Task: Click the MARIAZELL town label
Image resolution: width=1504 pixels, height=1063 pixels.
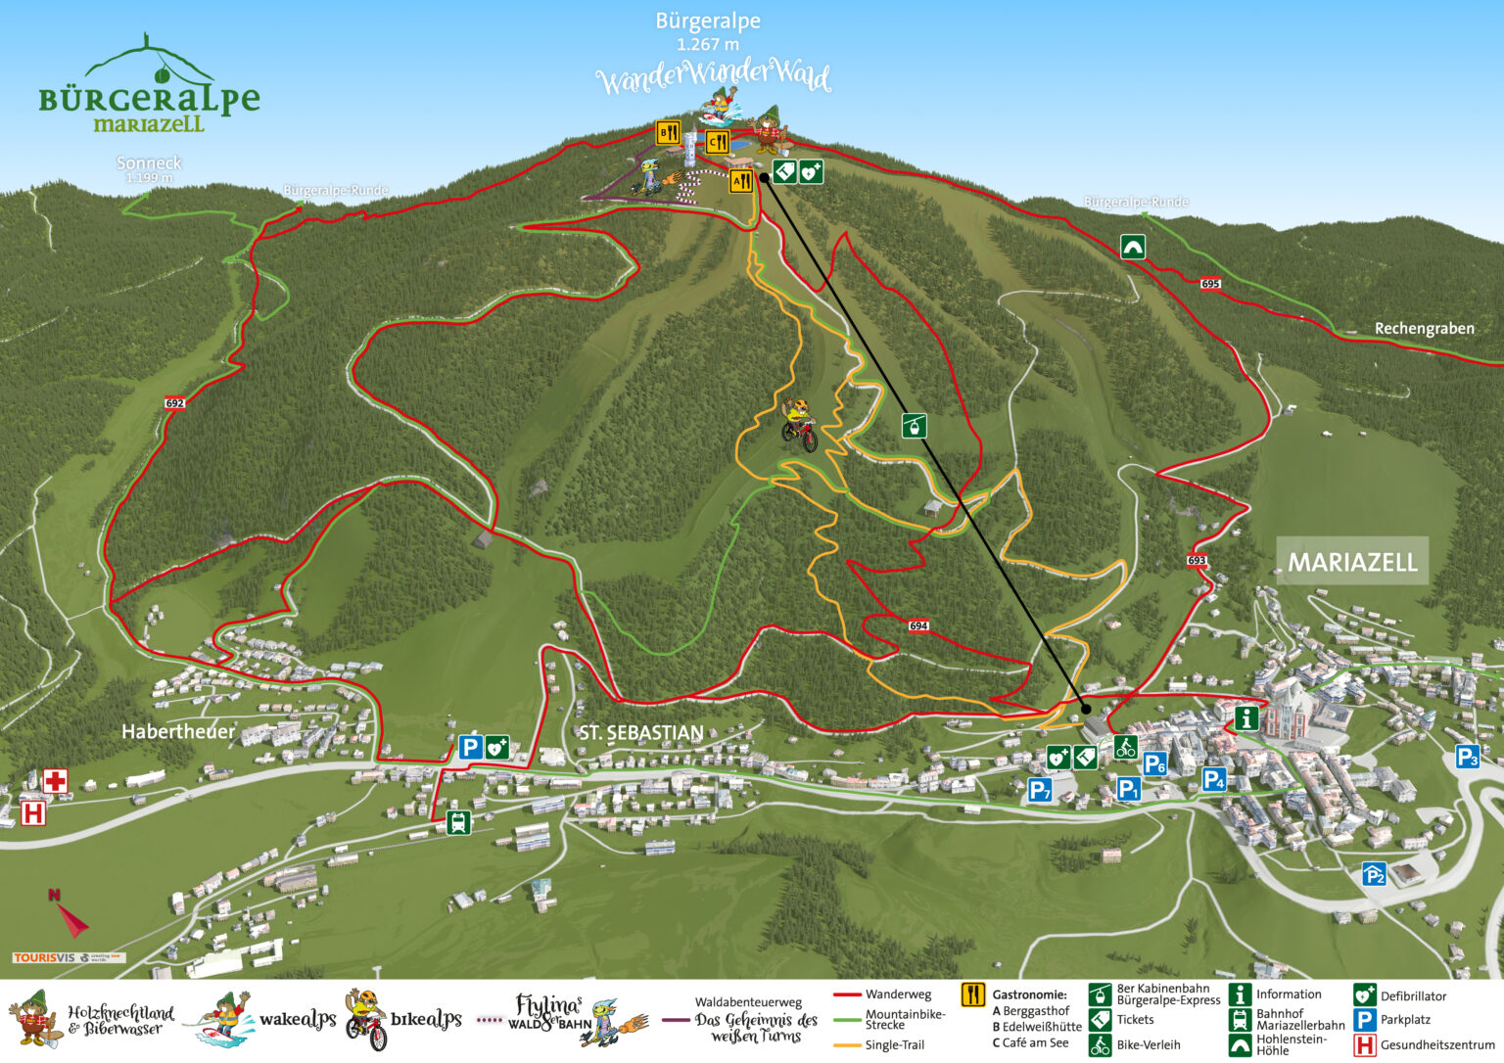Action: pyautogui.click(x=1351, y=562)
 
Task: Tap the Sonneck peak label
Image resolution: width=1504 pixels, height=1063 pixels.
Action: pyautogui.click(x=149, y=163)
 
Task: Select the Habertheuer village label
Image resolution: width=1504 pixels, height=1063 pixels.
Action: pyautogui.click(x=178, y=731)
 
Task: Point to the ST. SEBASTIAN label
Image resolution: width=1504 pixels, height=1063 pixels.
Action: pyautogui.click(x=640, y=732)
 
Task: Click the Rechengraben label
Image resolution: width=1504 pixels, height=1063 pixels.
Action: pyautogui.click(x=1424, y=328)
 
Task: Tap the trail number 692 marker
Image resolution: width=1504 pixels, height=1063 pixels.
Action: pyautogui.click(x=174, y=403)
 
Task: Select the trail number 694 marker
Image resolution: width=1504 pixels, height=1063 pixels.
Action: pyautogui.click(x=917, y=626)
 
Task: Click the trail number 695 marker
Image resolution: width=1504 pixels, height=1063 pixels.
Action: pyautogui.click(x=1210, y=284)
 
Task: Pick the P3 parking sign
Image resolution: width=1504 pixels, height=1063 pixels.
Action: pyautogui.click(x=1467, y=757)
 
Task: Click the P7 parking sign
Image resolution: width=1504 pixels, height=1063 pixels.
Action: pyautogui.click(x=1040, y=790)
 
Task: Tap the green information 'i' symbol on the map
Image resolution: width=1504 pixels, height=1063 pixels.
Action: pyautogui.click(x=1245, y=718)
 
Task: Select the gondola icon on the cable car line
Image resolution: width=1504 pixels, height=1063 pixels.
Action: pyautogui.click(x=914, y=426)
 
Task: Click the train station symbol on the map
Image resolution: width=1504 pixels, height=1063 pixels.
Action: pyautogui.click(x=457, y=822)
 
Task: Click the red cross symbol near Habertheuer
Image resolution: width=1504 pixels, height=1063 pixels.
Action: pyautogui.click(x=55, y=781)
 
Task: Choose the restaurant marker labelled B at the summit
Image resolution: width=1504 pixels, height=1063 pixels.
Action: pyautogui.click(x=668, y=133)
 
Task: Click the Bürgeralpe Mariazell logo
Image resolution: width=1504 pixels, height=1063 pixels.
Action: pyautogui.click(x=149, y=88)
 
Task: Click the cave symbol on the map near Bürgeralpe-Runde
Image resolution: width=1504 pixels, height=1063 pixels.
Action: pyautogui.click(x=1133, y=247)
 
